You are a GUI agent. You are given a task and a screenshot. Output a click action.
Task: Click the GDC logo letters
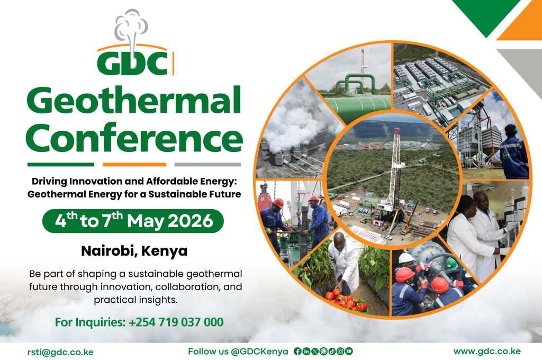pos(132,63)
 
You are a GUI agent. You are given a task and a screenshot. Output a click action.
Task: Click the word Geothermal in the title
pos(134,100)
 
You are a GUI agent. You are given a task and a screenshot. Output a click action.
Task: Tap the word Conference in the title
pos(134,138)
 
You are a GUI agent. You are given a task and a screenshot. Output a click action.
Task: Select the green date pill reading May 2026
pos(133,221)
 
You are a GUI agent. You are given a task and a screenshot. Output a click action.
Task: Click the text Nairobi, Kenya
pos(134,251)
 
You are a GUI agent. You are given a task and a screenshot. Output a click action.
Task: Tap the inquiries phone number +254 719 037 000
pos(176,322)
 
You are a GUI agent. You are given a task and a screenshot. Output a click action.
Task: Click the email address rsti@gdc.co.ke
pos(60,352)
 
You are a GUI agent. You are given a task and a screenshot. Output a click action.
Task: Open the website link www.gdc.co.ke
pos(487,352)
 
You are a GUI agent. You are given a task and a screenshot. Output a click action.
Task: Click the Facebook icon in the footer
pos(297,352)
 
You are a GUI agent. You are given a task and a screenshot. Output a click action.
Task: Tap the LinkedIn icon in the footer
pos(306,352)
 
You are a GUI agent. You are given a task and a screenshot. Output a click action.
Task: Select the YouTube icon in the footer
pos(349,352)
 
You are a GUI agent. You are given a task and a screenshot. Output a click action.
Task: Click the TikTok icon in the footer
pos(332,352)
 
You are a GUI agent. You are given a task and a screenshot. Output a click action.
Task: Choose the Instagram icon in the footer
pos(340,352)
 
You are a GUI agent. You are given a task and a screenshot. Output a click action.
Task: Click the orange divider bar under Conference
pos(134,165)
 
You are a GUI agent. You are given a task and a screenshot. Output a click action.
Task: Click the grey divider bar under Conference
pos(207,165)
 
